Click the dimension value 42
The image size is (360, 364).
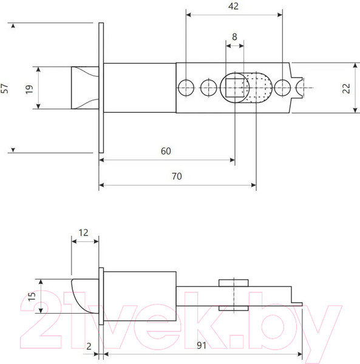click(x=233, y=6)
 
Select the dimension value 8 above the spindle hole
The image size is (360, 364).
click(x=234, y=36)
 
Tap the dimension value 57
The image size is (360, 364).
click(x=5, y=88)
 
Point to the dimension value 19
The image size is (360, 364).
click(x=29, y=89)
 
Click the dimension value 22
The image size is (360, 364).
click(x=346, y=89)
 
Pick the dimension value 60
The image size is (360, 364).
click(x=166, y=151)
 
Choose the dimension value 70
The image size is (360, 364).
click(x=177, y=177)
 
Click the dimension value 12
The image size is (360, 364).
click(x=83, y=233)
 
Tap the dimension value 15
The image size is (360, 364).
click(x=32, y=297)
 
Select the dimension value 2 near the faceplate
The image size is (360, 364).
click(x=89, y=346)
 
